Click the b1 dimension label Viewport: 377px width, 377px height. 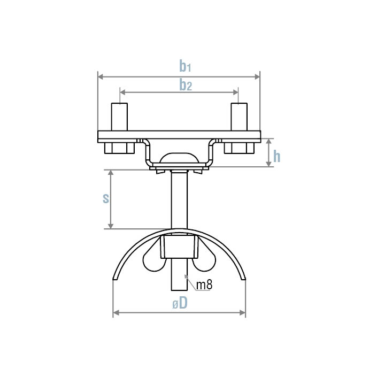tap(185, 66)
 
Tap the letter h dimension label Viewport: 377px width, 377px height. tap(277, 157)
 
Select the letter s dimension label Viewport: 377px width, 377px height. tap(106, 198)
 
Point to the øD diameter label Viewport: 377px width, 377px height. tap(180, 303)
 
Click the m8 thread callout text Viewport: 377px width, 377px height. tap(204, 285)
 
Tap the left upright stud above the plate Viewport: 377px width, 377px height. tap(119, 117)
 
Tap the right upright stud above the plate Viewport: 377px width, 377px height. tap(239, 117)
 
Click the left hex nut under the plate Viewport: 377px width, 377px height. tap(119, 148)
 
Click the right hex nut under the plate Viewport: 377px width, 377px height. tap(239, 148)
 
